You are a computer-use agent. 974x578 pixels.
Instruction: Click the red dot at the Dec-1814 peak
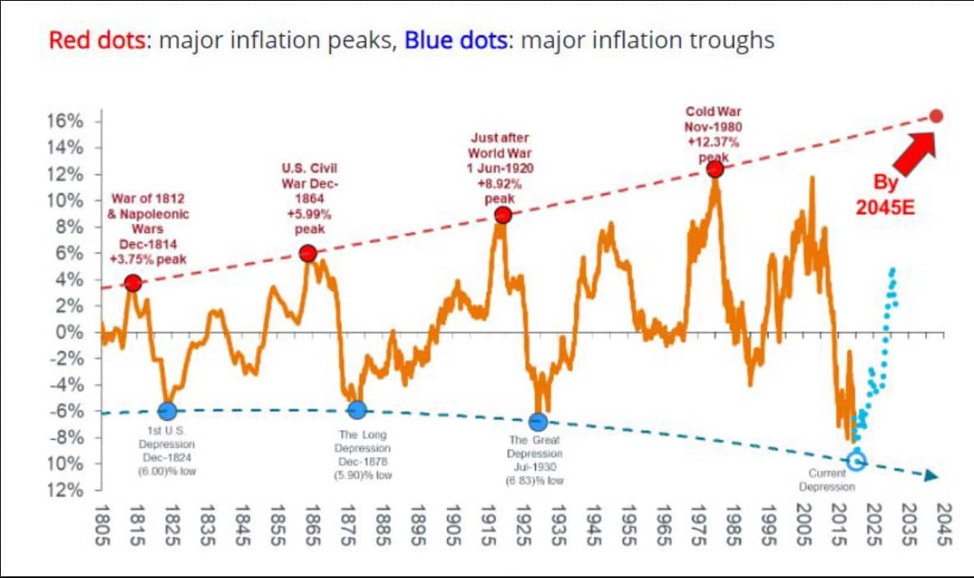[132, 284]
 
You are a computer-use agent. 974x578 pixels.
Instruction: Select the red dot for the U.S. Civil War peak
[308, 253]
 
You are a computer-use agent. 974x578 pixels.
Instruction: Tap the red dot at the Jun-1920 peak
[503, 215]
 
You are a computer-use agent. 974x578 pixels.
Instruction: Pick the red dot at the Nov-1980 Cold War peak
[715, 169]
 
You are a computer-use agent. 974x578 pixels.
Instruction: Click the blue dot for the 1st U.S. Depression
[167, 411]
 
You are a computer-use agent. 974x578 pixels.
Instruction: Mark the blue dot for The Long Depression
[356, 410]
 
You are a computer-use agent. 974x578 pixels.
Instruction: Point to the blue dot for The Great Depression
[538, 422]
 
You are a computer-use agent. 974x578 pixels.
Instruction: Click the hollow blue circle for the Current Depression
[856, 460]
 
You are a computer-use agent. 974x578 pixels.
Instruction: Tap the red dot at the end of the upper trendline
[936, 116]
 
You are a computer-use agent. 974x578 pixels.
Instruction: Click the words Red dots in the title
[98, 40]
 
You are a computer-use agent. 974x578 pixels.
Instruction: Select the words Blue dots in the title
[455, 40]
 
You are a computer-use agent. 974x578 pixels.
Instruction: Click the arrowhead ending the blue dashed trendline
[931, 476]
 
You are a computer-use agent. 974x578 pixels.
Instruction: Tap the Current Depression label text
[827, 479]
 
